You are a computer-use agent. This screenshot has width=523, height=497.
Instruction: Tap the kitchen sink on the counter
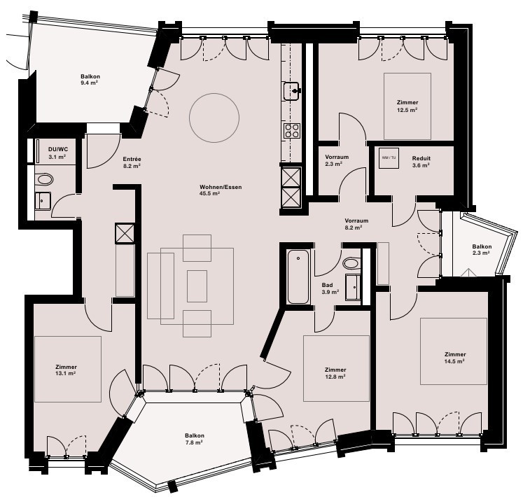pos(292,91)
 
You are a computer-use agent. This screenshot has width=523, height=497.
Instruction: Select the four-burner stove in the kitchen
pos(292,131)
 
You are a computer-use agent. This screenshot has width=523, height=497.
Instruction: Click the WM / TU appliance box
pos(389,157)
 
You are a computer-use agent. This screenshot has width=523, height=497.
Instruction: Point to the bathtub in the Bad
pos(298,276)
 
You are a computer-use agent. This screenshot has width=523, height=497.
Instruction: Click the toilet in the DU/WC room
pos(45,179)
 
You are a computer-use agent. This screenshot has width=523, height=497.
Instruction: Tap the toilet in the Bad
pos(351,263)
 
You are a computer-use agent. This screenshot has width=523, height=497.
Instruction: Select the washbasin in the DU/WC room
pos(43,201)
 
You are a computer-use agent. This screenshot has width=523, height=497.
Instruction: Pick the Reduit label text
pos(421,158)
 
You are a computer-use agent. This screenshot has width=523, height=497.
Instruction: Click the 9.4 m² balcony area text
pos(89,83)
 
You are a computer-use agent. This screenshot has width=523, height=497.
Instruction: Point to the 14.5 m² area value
pos(455,361)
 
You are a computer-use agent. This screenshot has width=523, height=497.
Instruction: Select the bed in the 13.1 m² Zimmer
pos(68,369)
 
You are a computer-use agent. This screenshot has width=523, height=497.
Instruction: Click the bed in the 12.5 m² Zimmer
pos(407,106)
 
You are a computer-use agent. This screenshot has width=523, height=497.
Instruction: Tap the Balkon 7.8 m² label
pos(195,439)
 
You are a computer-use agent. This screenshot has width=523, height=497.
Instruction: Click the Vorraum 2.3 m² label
pos(337,160)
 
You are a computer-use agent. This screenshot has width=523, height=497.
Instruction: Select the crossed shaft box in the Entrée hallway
pos(125,234)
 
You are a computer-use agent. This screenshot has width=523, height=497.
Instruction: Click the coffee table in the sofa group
pos(197,286)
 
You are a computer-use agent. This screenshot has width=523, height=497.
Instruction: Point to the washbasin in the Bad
pos(353,287)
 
